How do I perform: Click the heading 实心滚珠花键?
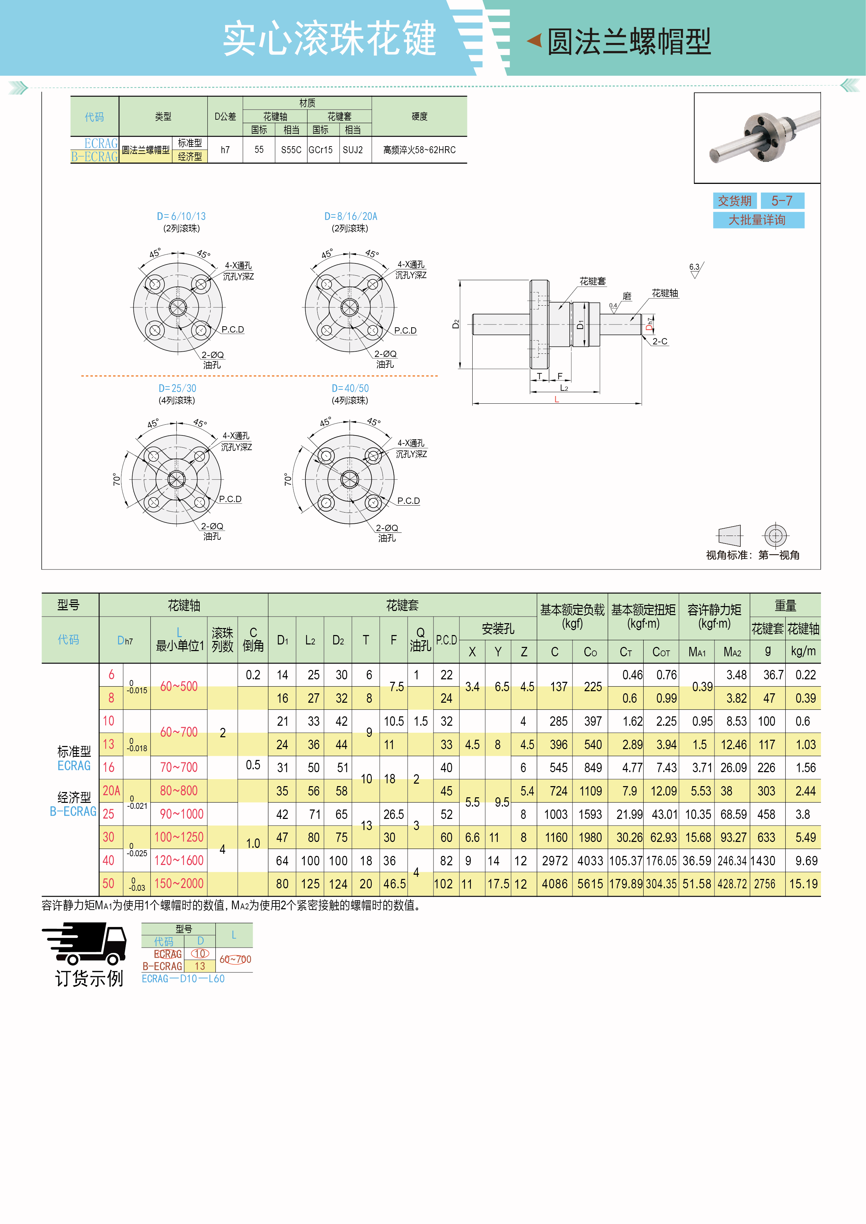329,38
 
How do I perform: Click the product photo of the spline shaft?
757,137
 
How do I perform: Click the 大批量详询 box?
758,219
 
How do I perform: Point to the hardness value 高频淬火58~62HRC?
419,150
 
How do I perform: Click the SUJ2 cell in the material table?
353,150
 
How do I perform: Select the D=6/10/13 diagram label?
181,216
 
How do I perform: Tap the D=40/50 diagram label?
350,388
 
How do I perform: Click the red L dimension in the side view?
556,399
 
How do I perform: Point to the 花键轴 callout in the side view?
665,293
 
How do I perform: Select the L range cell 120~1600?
179,860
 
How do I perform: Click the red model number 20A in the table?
111,791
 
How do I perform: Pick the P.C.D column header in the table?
446,640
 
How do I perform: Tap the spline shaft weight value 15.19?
803,884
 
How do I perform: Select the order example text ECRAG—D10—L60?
183,979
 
